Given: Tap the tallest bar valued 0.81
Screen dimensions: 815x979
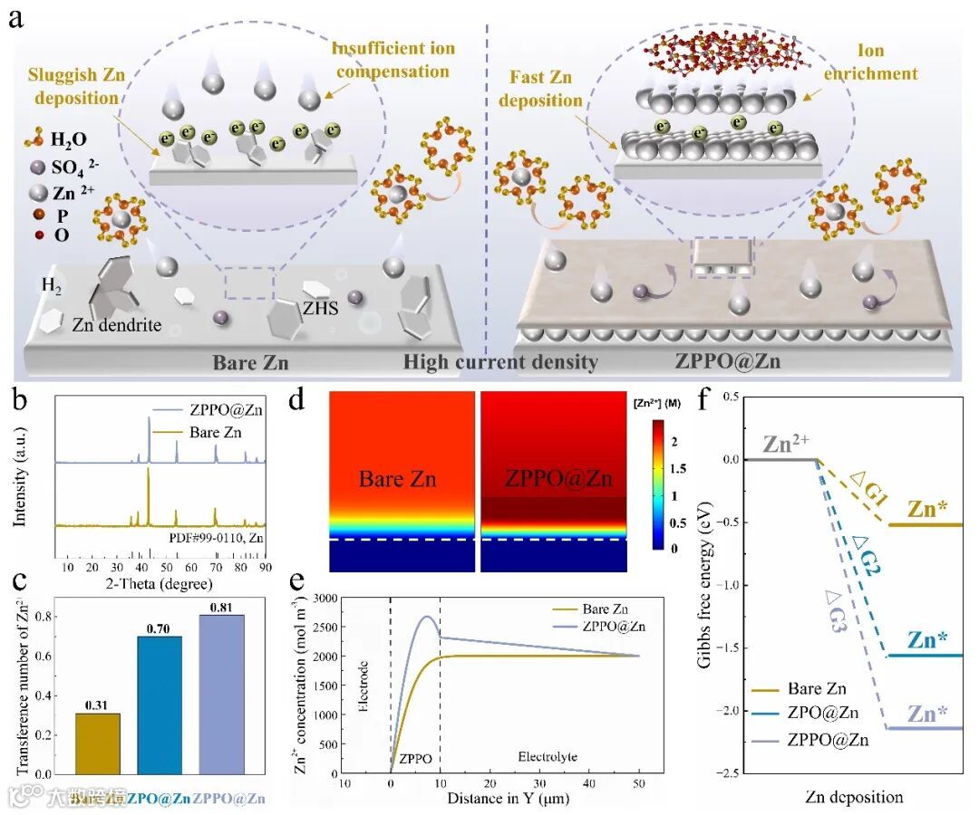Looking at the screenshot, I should pos(220,693).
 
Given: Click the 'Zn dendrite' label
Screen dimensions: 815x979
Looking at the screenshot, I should pos(116,324).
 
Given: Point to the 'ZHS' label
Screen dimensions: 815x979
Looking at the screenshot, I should pos(321,308).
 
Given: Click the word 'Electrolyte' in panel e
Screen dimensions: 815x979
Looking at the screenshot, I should pos(548,756).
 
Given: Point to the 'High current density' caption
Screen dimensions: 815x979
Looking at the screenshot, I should pos(500,362).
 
